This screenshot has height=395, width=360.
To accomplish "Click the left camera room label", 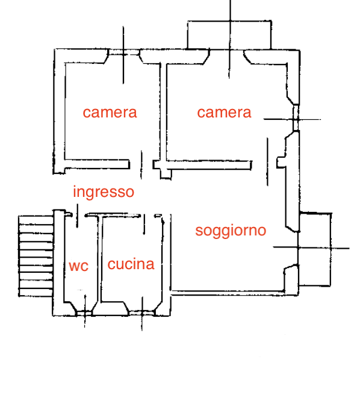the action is point(110,113).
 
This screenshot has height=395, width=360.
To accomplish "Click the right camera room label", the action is point(224,113).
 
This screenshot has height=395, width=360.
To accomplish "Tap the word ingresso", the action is point(104,192).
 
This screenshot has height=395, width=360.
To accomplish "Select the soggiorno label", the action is point(231,231).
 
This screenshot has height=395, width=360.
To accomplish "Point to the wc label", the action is point(79,266).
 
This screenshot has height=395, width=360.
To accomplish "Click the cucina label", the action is point(131,264).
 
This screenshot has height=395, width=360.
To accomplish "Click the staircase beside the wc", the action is point(36,256).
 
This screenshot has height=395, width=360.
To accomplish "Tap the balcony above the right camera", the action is point(229,35).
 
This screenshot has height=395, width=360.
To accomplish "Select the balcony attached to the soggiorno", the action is point(315,249).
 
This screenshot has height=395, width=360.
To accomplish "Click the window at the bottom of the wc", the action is point(85,313).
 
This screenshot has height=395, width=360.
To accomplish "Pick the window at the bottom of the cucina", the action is point(142,313).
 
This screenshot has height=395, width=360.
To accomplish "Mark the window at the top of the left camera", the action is point(123,52).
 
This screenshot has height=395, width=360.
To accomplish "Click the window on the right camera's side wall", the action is point(296,118).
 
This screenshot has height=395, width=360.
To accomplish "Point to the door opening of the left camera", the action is point(141,165).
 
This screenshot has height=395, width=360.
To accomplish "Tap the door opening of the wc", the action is point(78,216).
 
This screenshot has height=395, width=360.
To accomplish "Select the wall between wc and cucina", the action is point(100,258).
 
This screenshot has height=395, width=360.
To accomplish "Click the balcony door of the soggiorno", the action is point(298,248).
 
